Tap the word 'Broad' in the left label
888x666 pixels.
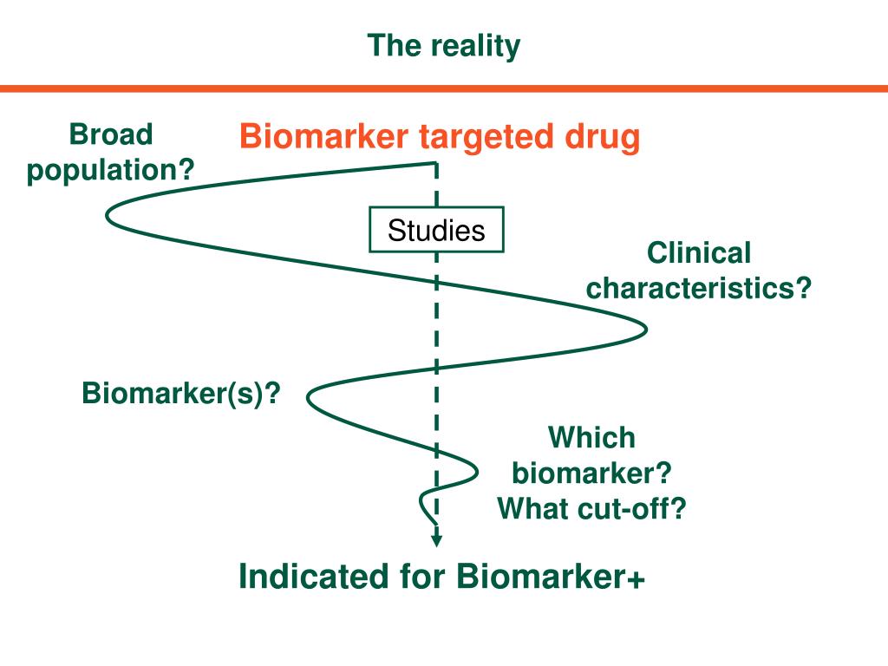pos(111,134)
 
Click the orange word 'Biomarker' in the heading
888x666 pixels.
pos(323,136)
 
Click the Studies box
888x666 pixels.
pos(436,229)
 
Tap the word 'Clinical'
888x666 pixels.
pos(699,252)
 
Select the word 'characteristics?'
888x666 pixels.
pos(699,288)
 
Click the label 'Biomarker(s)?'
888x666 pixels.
pos(181,394)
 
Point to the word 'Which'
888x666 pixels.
pos(591,438)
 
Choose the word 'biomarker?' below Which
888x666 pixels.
pos(591,473)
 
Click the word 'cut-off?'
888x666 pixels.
pos(630,508)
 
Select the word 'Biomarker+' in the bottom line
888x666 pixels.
pos(551,577)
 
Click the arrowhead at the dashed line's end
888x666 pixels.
pos(436,538)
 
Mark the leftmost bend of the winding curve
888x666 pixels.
pos(108,216)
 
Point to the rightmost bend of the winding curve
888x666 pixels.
pos(645,329)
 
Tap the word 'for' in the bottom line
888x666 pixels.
pos(422,577)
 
